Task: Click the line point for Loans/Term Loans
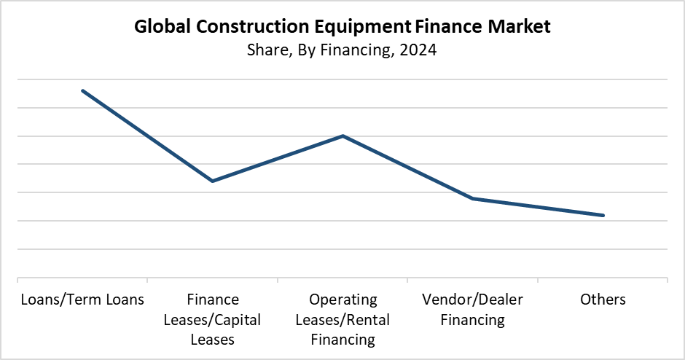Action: pyautogui.click(x=82, y=90)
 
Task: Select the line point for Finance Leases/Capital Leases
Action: pyautogui.click(x=212, y=181)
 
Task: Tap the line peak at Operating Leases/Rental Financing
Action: pyautogui.click(x=342, y=136)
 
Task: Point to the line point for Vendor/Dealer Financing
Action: pyautogui.click(x=473, y=198)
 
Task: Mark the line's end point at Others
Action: pyautogui.click(x=603, y=215)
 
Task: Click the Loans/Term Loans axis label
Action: pyautogui.click(x=82, y=300)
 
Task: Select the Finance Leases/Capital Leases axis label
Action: pyautogui.click(x=212, y=319)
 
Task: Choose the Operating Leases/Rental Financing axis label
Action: pyautogui.click(x=342, y=319)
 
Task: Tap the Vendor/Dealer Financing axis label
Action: pyautogui.click(x=473, y=310)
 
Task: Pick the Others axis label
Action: pyautogui.click(x=603, y=300)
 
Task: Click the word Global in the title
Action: pyautogui.click(x=161, y=28)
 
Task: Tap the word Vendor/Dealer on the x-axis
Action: pyautogui.click(x=473, y=300)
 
